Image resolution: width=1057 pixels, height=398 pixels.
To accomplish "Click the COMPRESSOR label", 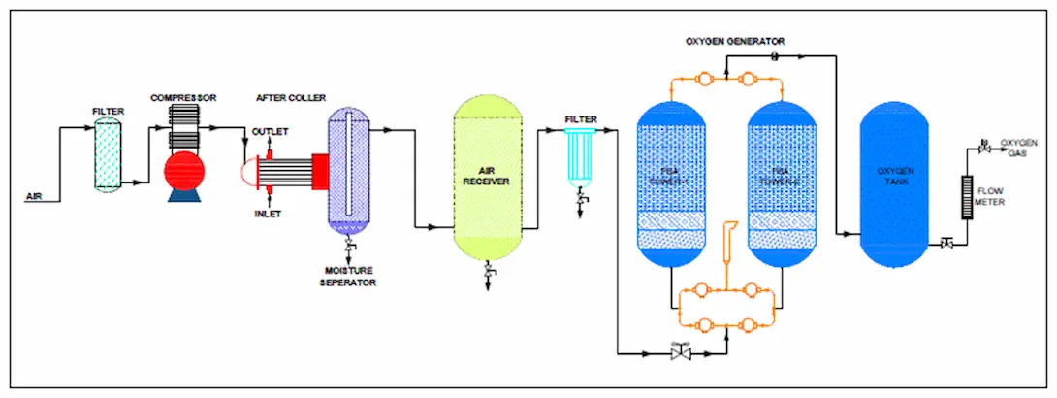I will pyautogui.click(x=183, y=98).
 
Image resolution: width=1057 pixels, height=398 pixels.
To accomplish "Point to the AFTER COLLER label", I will pyautogui.click(x=290, y=98).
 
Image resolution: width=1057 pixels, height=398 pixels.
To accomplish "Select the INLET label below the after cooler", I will pyautogui.click(x=268, y=214).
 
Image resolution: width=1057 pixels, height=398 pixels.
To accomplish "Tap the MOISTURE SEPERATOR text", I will pyautogui.click(x=349, y=277).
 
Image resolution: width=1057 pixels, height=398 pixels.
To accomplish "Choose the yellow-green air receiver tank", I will pyautogui.click(x=490, y=180).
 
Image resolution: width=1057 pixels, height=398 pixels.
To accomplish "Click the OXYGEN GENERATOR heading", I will pyautogui.click(x=735, y=41).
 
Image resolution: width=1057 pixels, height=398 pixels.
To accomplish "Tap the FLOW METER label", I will pyautogui.click(x=990, y=196).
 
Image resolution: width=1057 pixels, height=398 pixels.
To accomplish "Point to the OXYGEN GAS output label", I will pyautogui.click(x=1018, y=147).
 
